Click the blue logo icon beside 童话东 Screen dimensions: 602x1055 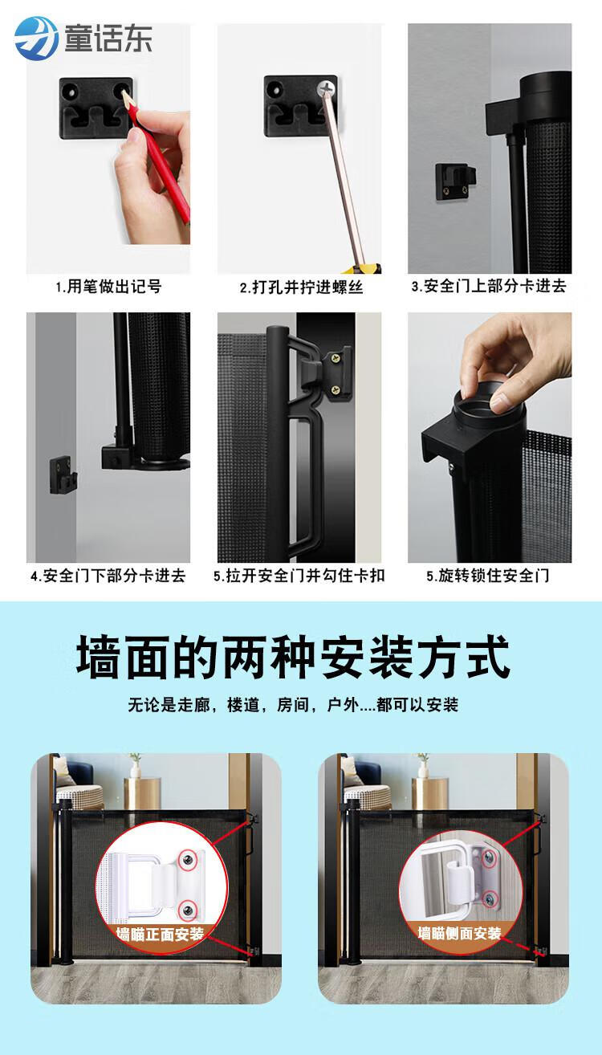(37, 39)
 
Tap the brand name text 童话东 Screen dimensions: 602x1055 (108, 39)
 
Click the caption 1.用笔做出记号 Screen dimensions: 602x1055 (108, 287)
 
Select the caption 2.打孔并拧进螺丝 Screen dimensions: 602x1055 (301, 287)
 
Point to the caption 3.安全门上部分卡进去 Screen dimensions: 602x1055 (489, 286)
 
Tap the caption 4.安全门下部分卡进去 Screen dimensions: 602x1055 (108, 576)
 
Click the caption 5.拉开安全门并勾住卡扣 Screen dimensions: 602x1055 (299, 576)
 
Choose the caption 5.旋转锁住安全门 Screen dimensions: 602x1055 (488, 576)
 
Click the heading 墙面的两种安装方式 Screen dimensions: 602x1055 (293, 657)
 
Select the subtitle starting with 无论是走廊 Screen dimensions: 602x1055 (293, 705)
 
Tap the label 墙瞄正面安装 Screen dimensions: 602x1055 (160, 934)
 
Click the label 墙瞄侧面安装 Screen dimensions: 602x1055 (459, 933)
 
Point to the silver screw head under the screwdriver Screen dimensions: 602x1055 (325, 88)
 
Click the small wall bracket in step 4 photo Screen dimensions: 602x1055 (63, 475)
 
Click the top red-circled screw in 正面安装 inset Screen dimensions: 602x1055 (188, 860)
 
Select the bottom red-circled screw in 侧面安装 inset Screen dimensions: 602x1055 (490, 899)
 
